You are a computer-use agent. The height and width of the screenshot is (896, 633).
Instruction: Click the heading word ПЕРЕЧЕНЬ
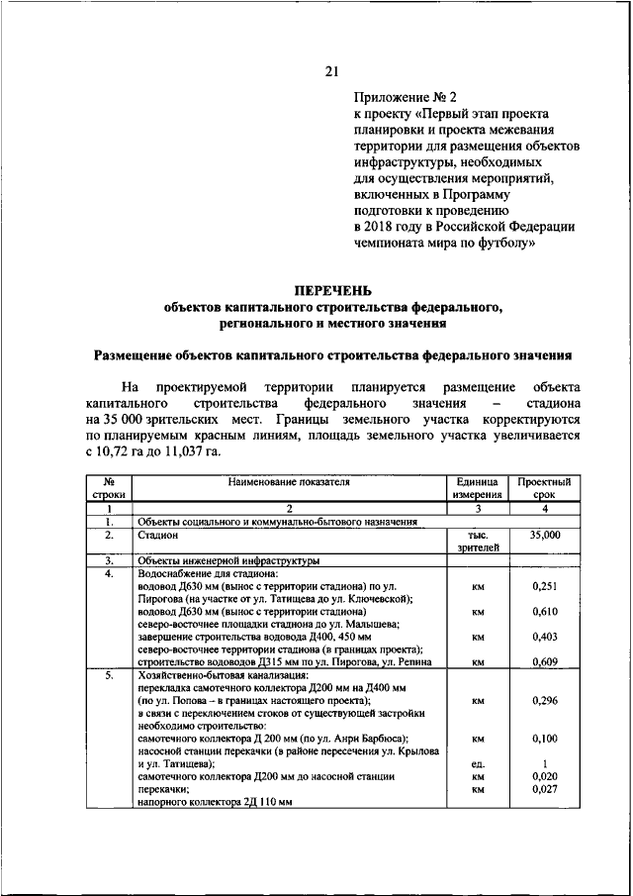pyautogui.click(x=331, y=290)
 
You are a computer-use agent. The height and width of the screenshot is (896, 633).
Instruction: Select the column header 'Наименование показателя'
pyautogui.click(x=289, y=481)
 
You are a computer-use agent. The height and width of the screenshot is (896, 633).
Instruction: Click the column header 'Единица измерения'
pyautogui.click(x=478, y=486)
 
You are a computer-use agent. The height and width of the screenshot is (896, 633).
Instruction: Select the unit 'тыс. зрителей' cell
pyautogui.click(x=478, y=541)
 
